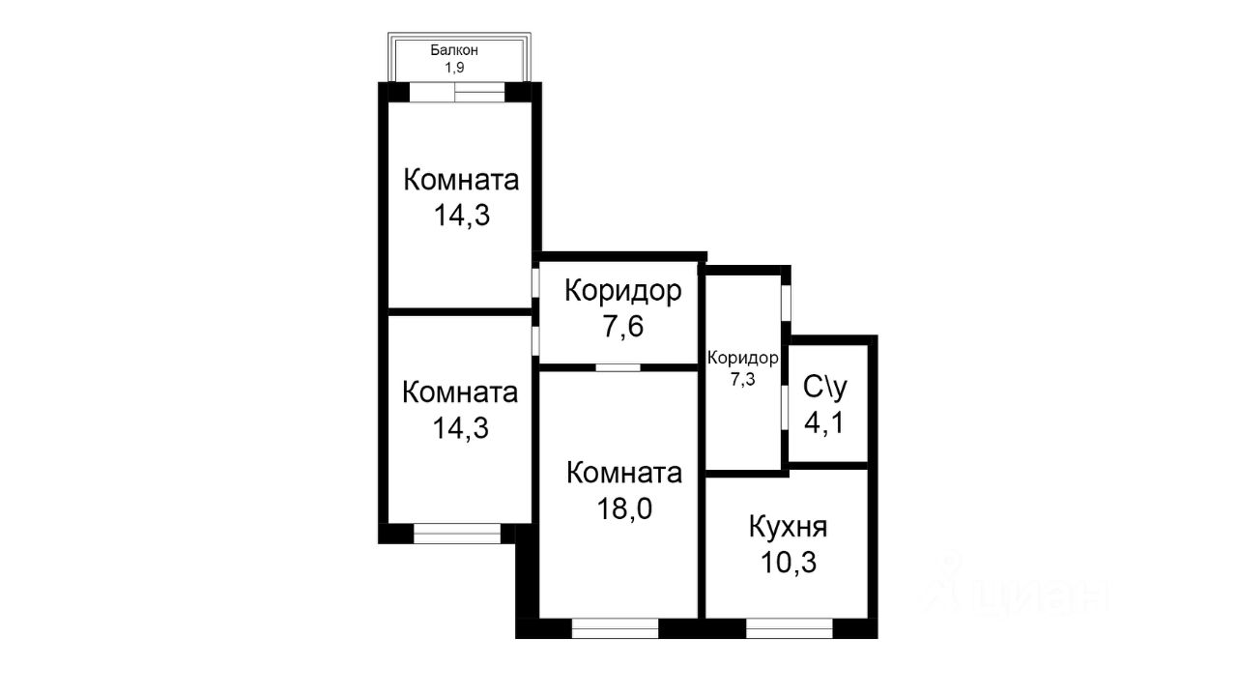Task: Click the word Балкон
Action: pyautogui.click(x=455, y=50)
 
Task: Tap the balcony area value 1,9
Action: pyautogui.click(x=455, y=68)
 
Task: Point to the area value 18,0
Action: pyautogui.click(x=624, y=508)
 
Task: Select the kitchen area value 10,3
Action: pyautogui.click(x=788, y=562)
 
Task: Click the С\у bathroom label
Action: pyautogui.click(x=825, y=387)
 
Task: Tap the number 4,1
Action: pyautogui.click(x=825, y=421)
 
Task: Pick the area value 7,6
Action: pyautogui.click(x=623, y=326)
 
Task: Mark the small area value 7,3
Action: pyautogui.click(x=742, y=379)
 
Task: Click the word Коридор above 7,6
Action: pyautogui.click(x=623, y=290)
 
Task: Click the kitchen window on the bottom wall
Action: pyautogui.click(x=789, y=628)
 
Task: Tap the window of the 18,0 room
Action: pyautogui.click(x=615, y=628)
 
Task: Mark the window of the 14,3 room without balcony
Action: pyautogui.click(x=456, y=534)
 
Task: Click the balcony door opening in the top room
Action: pyautogui.click(x=456, y=94)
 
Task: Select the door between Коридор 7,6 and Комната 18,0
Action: pyautogui.click(x=618, y=367)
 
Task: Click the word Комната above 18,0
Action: pyautogui.click(x=624, y=474)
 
